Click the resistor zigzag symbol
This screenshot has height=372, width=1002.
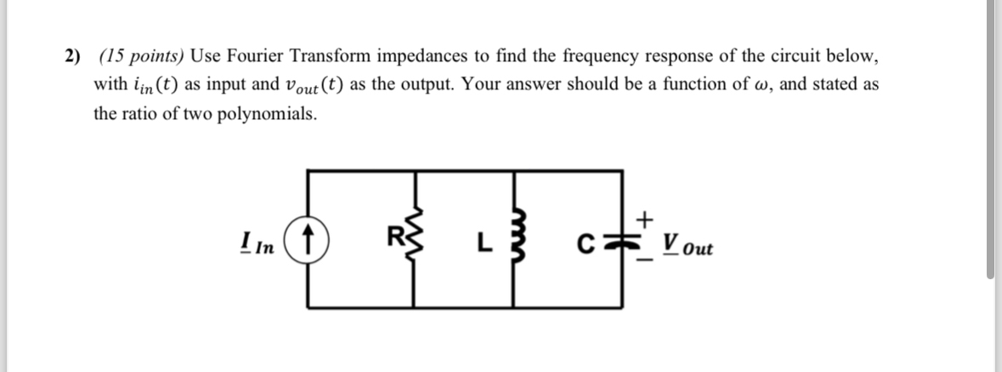416,234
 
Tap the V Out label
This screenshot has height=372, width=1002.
688,248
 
